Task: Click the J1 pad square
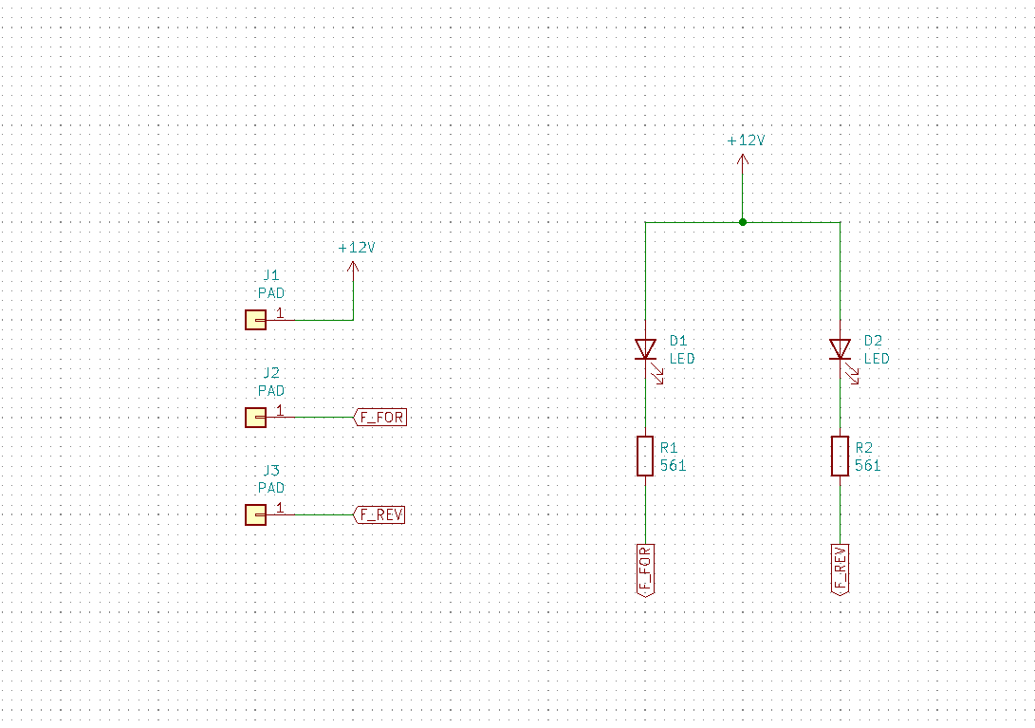[255, 320]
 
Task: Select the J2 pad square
[255, 417]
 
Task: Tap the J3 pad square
[255, 514]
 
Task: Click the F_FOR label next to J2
[380, 417]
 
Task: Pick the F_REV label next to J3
[380, 514]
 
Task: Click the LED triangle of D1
[645, 349]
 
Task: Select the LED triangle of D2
[840, 349]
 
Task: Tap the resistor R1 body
[645, 456]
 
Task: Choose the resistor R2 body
[840, 456]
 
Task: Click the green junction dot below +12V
[743, 222]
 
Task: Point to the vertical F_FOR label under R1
[645, 569]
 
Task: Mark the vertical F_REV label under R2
[840, 569]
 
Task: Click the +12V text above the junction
[746, 140]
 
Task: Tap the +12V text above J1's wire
[357, 247]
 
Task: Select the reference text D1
[677, 340]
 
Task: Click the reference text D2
[873, 340]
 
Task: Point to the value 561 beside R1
[673, 466]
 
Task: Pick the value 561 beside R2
[867, 466]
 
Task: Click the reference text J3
[271, 471]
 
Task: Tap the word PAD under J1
[271, 293]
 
